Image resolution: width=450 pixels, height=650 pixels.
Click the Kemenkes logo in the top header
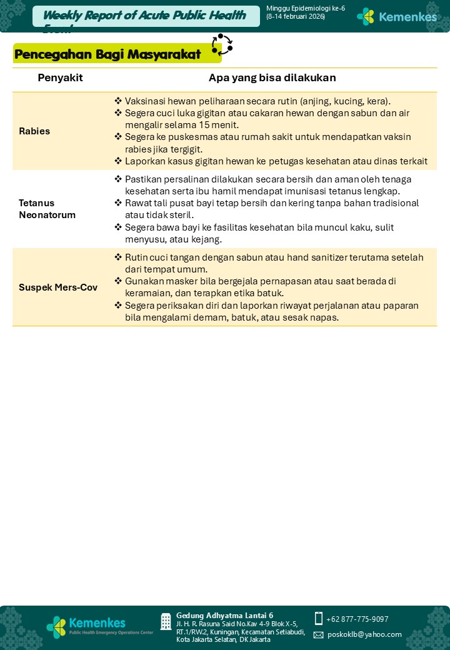pos(397,17)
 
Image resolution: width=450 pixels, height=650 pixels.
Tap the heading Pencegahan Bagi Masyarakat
pos(107,54)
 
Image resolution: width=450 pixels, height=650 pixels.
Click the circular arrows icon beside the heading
pos(222,45)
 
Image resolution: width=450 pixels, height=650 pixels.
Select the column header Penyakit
pos(60,78)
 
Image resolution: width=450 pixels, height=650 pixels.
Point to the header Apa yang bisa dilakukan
pos(272,78)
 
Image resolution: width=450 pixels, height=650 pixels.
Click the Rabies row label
pos(34,131)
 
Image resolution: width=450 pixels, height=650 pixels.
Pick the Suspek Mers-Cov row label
pos(58,287)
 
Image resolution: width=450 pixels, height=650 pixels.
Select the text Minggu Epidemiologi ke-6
pos(305,8)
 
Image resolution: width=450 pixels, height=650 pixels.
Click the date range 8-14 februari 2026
pos(296,16)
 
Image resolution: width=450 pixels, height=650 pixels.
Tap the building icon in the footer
pos(166,621)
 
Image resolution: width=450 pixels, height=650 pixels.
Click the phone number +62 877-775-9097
pos(357,619)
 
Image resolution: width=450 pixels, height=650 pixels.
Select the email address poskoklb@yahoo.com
pos(364,634)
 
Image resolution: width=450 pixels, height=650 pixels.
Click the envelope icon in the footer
pos(318,635)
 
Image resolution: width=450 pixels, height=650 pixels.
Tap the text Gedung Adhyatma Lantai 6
pos(224,616)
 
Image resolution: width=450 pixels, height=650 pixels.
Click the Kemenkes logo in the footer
pos(87,626)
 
